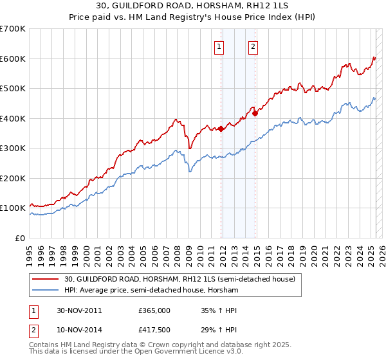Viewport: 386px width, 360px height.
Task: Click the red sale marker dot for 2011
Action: tap(221, 129)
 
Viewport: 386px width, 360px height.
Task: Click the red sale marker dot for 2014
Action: tap(255, 113)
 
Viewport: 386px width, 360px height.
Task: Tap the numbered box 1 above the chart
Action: tap(219, 46)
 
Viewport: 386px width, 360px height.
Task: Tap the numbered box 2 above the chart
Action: tap(253, 46)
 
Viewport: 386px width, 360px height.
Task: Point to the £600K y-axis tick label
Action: tap(13, 59)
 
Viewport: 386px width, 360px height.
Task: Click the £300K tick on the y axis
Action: tap(13, 148)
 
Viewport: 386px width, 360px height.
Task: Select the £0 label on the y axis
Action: tap(19, 238)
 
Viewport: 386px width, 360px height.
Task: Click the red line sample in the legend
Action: tap(46, 279)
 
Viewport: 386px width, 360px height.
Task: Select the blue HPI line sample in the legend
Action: tap(46, 291)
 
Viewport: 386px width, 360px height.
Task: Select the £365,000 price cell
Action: tap(154, 310)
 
